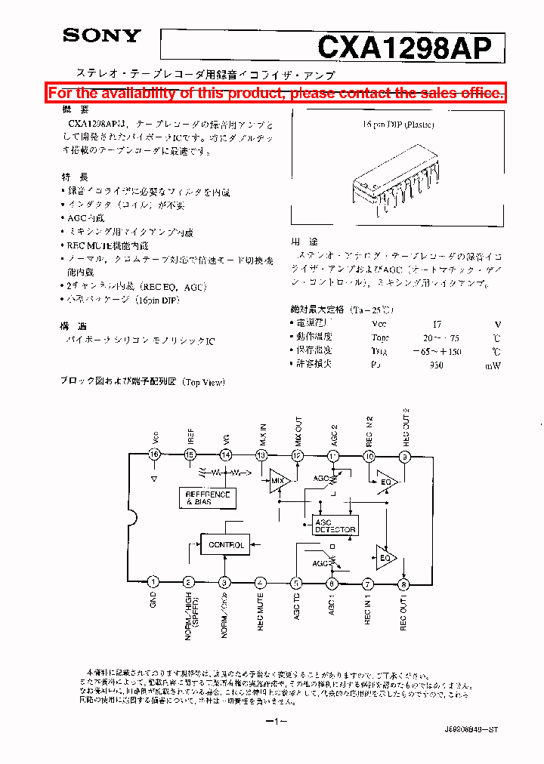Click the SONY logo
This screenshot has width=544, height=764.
pyautogui.click(x=100, y=35)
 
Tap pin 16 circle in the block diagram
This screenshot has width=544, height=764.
pyautogui.click(x=154, y=454)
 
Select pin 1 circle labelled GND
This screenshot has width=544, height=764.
pyautogui.click(x=153, y=582)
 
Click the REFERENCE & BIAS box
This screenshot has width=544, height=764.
pyautogui.click(x=208, y=498)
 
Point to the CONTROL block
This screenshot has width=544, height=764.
pyautogui.click(x=226, y=544)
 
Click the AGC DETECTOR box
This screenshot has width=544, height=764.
pyautogui.click(x=335, y=525)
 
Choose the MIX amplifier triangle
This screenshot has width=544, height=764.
pyautogui.click(x=277, y=480)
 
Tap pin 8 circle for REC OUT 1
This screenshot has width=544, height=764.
pyautogui.click(x=404, y=583)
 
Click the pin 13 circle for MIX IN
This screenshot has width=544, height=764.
pyautogui.click(x=261, y=454)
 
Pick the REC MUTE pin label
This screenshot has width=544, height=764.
pyautogui.click(x=261, y=612)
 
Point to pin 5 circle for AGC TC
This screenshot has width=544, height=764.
pyautogui.click(x=296, y=582)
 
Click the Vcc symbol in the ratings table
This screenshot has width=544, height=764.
pyautogui.click(x=379, y=323)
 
